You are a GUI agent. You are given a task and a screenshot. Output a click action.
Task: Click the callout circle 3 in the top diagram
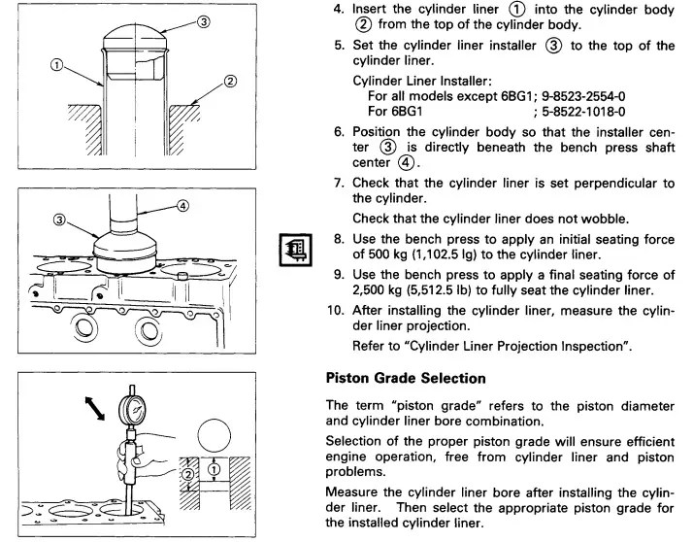pos(202,22)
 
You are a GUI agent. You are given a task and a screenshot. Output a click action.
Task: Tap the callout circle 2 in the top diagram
pos(230,81)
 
